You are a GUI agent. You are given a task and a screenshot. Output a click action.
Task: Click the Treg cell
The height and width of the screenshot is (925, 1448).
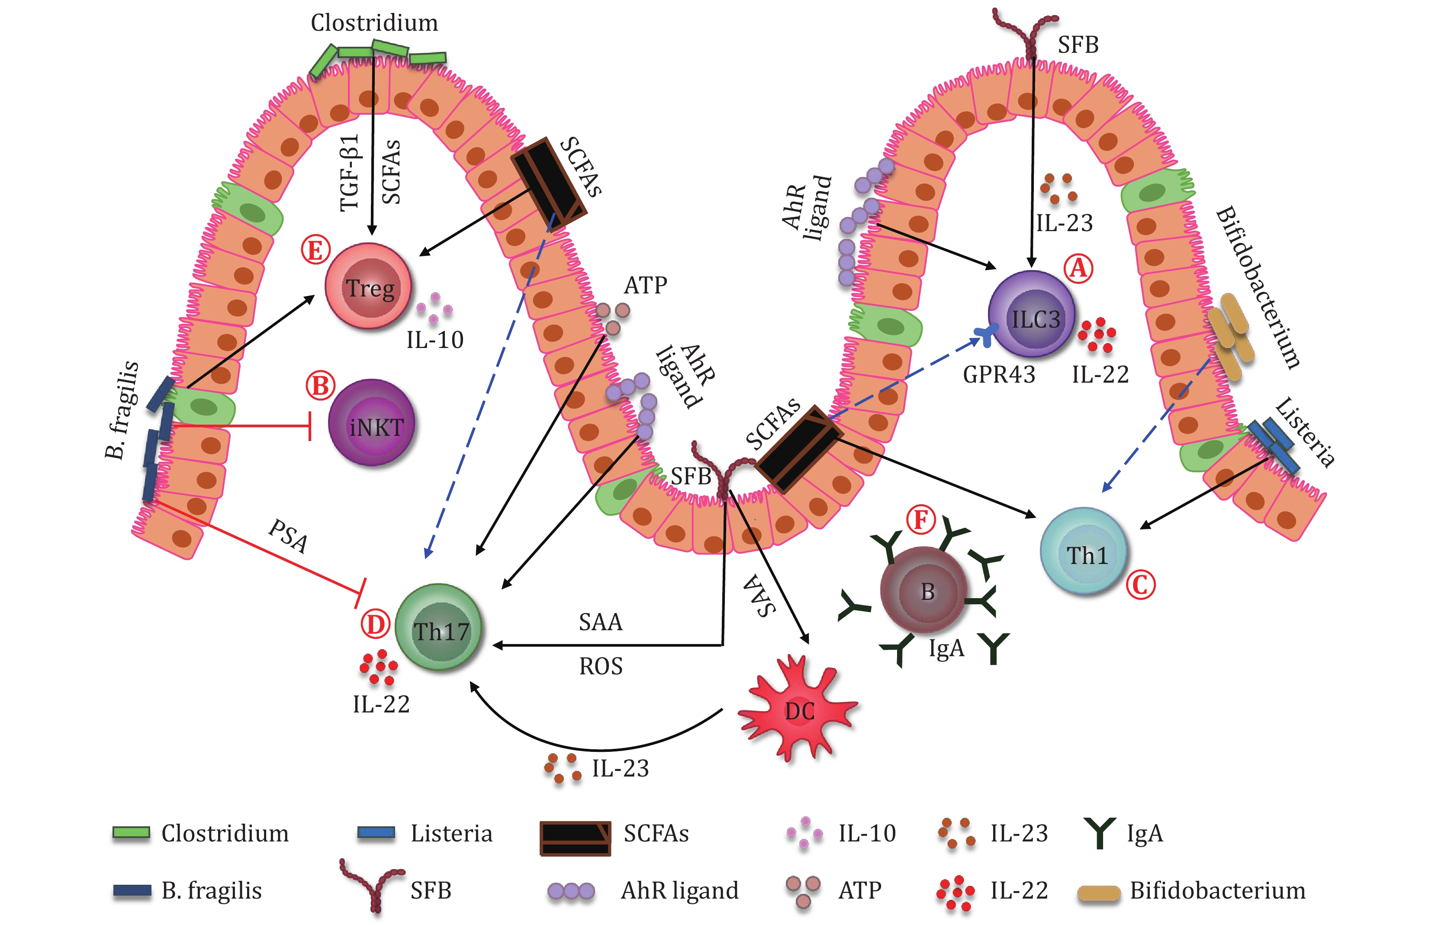click(369, 287)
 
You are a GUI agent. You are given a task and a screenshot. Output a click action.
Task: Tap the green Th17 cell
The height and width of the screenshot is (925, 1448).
click(440, 628)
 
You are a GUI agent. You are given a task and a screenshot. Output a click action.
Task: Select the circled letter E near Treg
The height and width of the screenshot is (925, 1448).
click(316, 250)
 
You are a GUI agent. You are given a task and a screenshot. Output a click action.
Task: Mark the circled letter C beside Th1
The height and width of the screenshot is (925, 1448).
click(1141, 585)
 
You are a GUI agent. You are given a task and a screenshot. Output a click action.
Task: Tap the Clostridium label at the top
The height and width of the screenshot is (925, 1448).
click(374, 23)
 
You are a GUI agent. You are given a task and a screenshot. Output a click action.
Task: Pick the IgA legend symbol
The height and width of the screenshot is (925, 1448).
click(1100, 833)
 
